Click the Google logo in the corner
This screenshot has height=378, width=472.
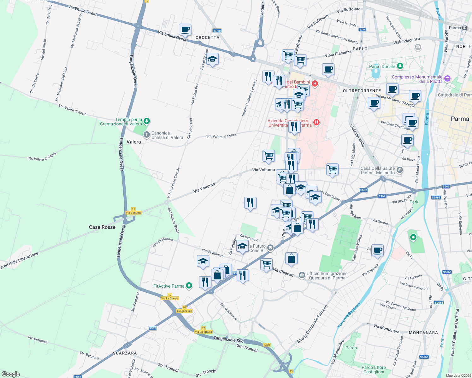click(11, 374)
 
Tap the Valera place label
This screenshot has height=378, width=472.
click(134, 142)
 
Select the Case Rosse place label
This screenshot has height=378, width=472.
click(102, 227)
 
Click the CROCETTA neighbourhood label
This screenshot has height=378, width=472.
click(207, 37)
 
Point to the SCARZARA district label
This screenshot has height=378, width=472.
click(125, 353)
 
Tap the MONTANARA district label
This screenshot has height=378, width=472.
click(423, 333)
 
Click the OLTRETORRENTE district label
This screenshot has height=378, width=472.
click(362, 91)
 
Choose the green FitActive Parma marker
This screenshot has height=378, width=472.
click(189, 286)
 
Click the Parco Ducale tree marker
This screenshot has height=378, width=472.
click(400, 66)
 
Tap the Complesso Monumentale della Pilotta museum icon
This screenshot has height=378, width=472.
click(447, 79)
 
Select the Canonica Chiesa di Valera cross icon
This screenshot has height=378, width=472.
click(146, 135)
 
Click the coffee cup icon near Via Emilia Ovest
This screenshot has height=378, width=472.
click(185, 30)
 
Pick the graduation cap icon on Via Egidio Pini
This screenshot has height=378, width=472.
click(212, 59)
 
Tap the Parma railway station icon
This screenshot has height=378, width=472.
click(464, 28)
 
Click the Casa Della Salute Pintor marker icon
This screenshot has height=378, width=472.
click(400, 170)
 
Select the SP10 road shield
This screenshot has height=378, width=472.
click(217, 31)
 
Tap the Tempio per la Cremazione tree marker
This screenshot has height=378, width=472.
click(146, 121)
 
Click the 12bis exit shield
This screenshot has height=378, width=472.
click(267, 345)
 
